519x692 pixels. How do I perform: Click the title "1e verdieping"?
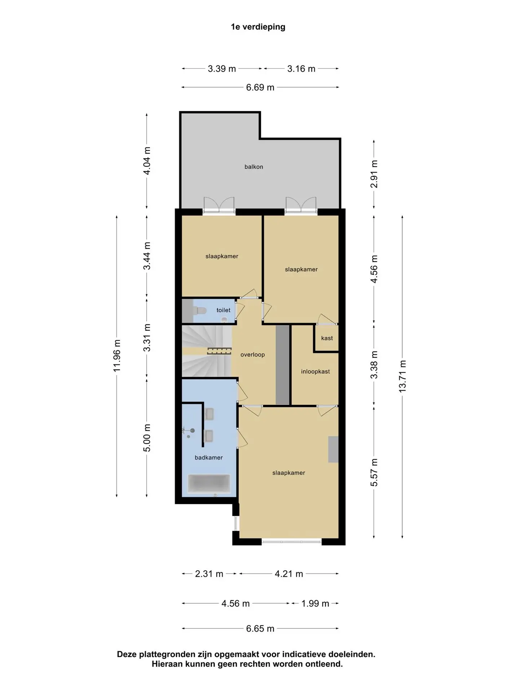(x=258, y=27)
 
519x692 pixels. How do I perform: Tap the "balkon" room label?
(x=254, y=167)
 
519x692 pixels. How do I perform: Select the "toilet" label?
(x=223, y=310)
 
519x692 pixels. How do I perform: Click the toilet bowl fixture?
(x=199, y=310)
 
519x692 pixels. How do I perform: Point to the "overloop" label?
(x=253, y=355)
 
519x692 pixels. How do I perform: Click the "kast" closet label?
(x=327, y=338)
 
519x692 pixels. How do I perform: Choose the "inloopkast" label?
(x=315, y=372)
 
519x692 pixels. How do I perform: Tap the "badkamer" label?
(x=209, y=458)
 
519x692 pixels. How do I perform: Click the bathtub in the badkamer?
(x=209, y=483)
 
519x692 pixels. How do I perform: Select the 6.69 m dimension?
(x=260, y=88)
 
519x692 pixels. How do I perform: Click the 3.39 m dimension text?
(x=222, y=69)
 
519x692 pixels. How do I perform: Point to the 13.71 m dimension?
(x=402, y=376)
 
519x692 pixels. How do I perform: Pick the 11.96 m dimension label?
(x=117, y=356)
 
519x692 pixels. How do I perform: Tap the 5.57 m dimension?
(x=374, y=473)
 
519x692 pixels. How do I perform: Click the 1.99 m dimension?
(x=315, y=604)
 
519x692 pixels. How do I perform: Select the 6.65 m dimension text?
(x=260, y=629)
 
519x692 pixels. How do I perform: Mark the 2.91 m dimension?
(x=374, y=174)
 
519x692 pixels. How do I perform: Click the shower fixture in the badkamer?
(x=189, y=432)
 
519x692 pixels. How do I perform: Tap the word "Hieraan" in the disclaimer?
(x=167, y=664)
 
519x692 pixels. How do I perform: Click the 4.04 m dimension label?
(x=147, y=161)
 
